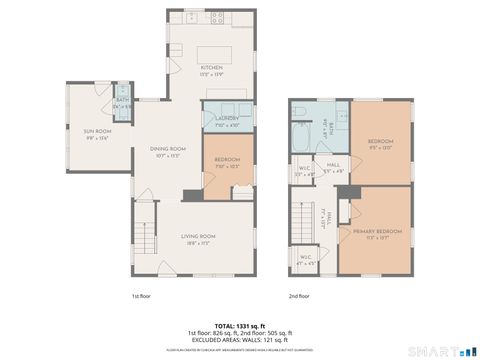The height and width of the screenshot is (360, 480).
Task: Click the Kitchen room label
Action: (x=210, y=68)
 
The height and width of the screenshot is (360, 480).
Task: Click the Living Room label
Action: (x=199, y=236)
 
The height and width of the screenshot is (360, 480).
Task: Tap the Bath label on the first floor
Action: (x=122, y=101)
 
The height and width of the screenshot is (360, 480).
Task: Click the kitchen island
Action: (x=214, y=53)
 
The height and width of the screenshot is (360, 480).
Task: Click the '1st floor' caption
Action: (x=142, y=295)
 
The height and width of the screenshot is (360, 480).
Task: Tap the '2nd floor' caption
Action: (x=299, y=295)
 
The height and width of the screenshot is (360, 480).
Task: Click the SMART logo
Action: (x=440, y=350)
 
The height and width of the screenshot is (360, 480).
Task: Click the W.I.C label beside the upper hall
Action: (x=301, y=173)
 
